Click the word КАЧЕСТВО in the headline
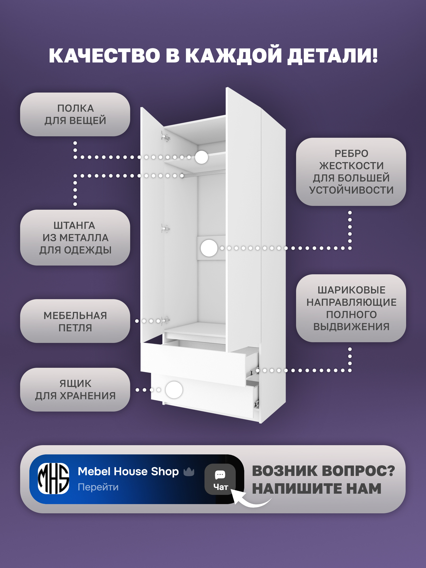click(x=105, y=56)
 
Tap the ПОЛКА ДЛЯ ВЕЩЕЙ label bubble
click(x=75, y=115)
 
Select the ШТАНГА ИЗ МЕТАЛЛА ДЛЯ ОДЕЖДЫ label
click(x=75, y=238)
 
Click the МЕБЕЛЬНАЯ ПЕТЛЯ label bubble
click(x=75, y=321)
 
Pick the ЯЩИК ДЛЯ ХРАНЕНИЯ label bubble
click(x=75, y=390)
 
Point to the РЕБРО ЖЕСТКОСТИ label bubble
click(x=351, y=172)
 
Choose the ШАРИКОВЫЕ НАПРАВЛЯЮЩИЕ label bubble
click(x=351, y=308)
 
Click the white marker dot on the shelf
click(x=201, y=157)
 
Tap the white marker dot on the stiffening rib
click(x=209, y=248)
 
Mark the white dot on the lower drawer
click(x=174, y=390)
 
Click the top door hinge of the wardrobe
click(x=166, y=137)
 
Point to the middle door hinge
click(x=165, y=228)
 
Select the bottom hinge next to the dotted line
click(x=166, y=320)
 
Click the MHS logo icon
click(x=53, y=479)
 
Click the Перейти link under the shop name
click(x=98, y=487)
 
